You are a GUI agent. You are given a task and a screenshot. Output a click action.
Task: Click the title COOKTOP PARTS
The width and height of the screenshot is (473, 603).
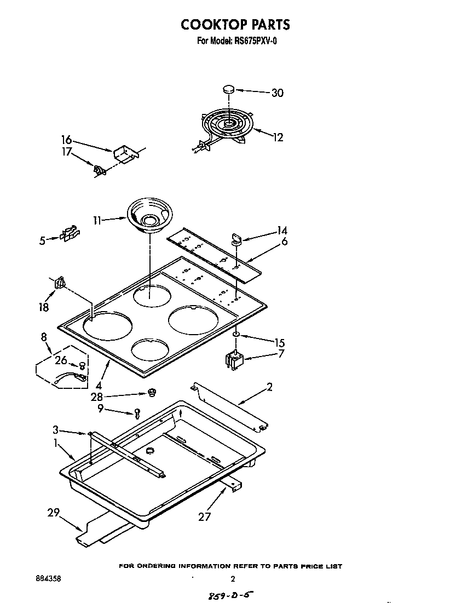(x=235, y=25)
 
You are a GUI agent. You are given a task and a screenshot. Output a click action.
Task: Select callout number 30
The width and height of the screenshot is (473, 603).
(x=278, y=93)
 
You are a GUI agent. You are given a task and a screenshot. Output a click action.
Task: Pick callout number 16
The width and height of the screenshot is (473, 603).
(x=67, y=141)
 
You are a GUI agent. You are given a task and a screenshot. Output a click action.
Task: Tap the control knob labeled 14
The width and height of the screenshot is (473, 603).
(x=236, y=238)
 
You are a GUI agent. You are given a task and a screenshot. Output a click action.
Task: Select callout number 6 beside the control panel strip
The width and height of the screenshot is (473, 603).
(x=285, y=242)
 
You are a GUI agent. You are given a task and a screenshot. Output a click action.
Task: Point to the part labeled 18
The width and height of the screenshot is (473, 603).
(x=60, y=283)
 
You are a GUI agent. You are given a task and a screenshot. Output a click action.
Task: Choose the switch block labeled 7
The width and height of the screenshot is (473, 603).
(x=234, y=360)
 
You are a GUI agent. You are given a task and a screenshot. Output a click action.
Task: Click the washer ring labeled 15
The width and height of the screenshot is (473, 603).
(x=236, y=333)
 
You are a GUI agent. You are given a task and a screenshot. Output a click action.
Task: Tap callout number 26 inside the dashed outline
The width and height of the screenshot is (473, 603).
(x=61, y=360)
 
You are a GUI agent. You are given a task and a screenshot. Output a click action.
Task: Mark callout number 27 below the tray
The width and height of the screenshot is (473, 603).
(x=204, y=516)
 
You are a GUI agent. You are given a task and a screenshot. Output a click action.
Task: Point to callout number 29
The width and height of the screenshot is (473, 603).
(x=53, y=513)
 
